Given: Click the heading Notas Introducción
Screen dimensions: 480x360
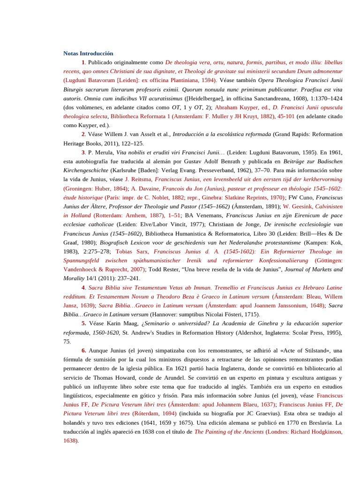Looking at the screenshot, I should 88,53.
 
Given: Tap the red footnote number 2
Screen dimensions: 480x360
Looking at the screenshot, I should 83,134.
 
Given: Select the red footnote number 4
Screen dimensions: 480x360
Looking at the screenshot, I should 83,287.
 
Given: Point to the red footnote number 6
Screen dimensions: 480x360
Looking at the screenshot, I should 83,351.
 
